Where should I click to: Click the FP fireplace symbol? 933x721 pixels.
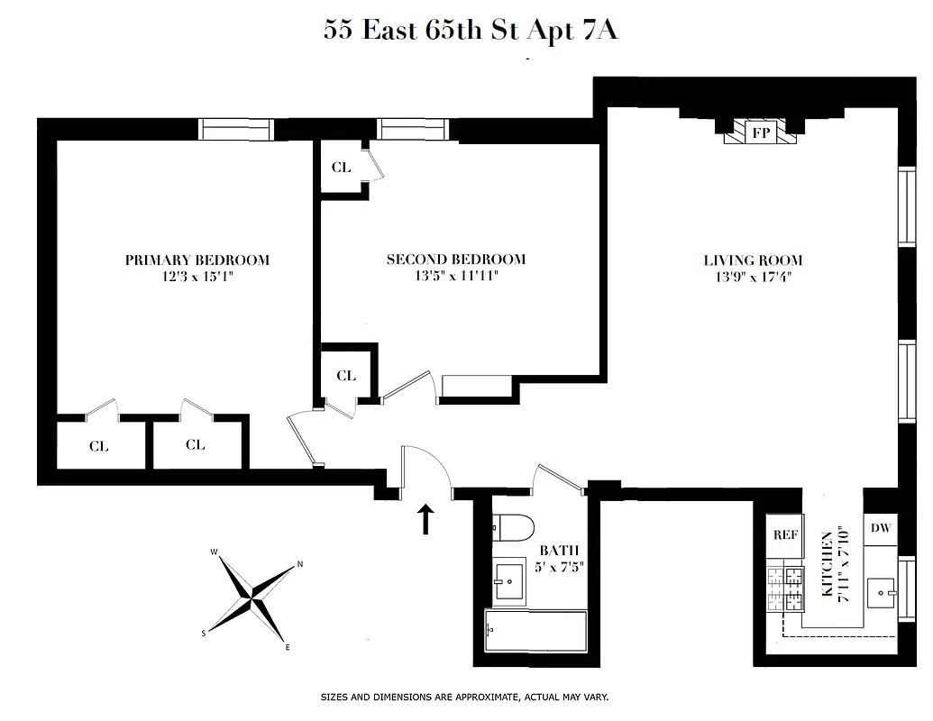[x=761, y=132]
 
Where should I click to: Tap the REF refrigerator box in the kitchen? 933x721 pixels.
[x=785, y=534]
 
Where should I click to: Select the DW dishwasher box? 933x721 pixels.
[x=881, y=528]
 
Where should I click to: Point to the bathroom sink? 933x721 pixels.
[x=511, y=581]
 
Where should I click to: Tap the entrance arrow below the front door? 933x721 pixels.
[x=425, y=519]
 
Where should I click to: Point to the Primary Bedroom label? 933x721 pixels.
[x=197, y=260]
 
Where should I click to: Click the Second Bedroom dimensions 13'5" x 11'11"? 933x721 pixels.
[x=455, y=277]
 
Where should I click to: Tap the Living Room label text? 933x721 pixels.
[x=753, y=260]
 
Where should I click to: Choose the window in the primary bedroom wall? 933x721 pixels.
[x=234, y=130]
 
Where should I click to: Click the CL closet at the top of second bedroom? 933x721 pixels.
[x=341, y=168]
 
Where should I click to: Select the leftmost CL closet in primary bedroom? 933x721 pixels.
[x=99, y=445]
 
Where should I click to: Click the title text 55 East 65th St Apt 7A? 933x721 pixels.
[x=470, y=31]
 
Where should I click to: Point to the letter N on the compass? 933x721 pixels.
[x=300, y=566]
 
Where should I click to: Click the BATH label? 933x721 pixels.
[x=559, y=551]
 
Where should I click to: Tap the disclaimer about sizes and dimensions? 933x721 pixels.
[x=464, y=697]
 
